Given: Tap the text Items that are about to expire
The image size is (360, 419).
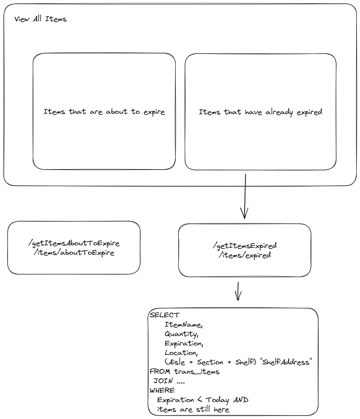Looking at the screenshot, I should [x=104, y=112].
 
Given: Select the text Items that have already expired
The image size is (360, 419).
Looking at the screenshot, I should [x=260, y=112].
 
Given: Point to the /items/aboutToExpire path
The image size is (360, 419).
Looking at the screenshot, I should [x=74, y=252].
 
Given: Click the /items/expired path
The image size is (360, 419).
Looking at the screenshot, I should [x=245, y=255].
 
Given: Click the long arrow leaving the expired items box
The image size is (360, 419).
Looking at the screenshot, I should [x=245, y=196].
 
